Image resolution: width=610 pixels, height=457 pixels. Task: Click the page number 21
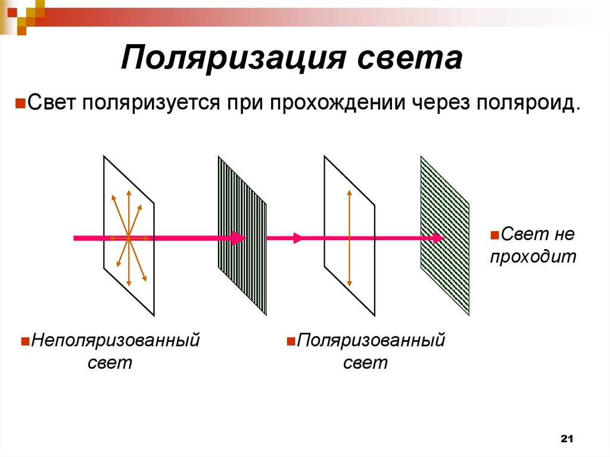(x=567, y=439)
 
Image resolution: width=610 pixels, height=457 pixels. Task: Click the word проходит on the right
(x=534, y=257)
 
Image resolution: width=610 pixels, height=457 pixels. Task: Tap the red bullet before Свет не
(x=494, y=235)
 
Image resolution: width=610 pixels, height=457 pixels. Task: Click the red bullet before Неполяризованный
(x=25, y=342)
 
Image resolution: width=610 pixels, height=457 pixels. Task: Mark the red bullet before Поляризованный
(x=291, y=342)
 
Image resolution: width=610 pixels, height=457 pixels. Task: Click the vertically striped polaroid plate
(x=242, y=250)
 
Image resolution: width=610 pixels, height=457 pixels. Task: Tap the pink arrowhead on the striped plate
(x=238, y=238)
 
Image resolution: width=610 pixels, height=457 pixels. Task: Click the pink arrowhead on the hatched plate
(x=438, y=238)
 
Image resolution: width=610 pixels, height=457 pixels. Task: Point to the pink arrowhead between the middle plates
(x=298, y=238)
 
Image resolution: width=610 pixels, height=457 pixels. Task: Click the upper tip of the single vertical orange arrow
(x=349, y=191)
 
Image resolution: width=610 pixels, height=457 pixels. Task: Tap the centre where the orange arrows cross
(x=128, y=238)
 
